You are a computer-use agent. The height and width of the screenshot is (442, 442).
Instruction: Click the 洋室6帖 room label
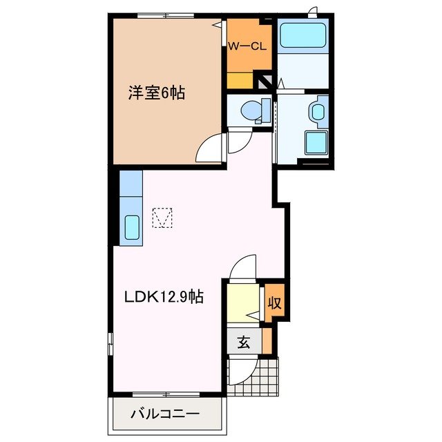(x=157, y=93)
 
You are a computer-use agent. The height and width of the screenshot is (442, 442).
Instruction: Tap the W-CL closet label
(x=248, y=48)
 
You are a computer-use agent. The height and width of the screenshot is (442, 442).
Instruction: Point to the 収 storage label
(x=274, y=302)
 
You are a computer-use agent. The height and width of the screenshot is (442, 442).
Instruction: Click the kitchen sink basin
(x=131, y=227)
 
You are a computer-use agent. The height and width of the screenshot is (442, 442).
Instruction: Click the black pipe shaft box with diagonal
(x=265, y=81)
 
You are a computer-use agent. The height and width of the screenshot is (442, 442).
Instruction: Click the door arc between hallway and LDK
(x=243, y=266)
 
